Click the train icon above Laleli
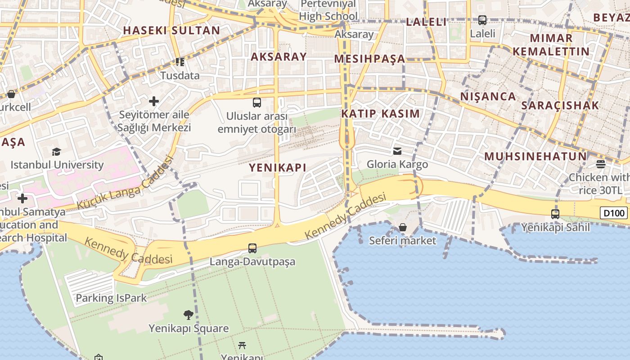(482, 20)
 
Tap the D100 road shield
(613, 213)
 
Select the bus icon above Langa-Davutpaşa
(252, 248)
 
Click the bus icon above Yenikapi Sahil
(555, 214)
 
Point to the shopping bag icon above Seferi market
(403, 228)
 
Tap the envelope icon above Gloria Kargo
(397, 151)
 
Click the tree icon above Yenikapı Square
(189, 315)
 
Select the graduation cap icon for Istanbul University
(56, 152)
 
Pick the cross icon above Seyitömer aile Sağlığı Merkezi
(154, 101)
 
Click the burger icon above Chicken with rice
(601, 164)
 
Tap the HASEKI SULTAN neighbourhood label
(171, 31)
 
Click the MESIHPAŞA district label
(369, 59)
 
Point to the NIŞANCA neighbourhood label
(488, 96)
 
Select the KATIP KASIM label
(380, 114)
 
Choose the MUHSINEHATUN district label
(535, 157)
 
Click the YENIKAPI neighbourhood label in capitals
(278, 168)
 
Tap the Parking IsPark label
(111, 298)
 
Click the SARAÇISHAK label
(560, 106)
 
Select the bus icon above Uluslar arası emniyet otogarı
(257, 103)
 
